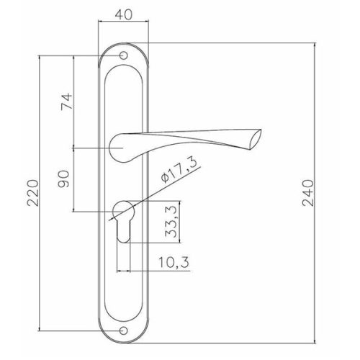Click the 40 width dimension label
pos(124,14)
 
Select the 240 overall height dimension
pos(308,193)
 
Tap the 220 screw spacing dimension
pos(32,193)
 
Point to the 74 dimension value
pos(67,102)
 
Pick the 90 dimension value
pos(63,179)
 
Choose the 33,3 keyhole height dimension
pos(171,222)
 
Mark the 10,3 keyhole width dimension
pos(174,262)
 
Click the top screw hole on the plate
pos(123,55)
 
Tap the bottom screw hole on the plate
pos(123,330)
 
